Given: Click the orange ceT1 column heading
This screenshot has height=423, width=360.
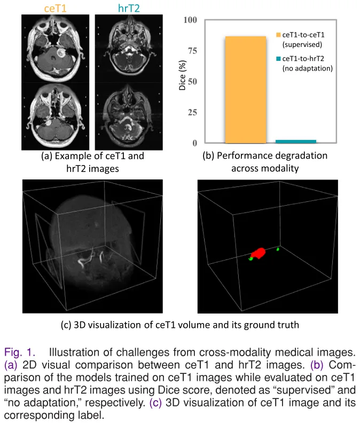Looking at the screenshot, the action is [x=56, y=9].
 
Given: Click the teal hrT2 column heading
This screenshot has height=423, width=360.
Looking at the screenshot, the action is [x=129, y=9].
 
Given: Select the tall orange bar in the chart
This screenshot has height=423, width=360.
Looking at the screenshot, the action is [x=246, y=90].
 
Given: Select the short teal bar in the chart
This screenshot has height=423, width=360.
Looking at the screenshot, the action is [x=296, y=142].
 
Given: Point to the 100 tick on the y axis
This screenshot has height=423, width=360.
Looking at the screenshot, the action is [x=190, y=20].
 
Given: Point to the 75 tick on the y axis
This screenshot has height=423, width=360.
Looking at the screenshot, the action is [x=192, y=51].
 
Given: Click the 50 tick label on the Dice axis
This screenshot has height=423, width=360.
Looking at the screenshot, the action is [x=192, y=82].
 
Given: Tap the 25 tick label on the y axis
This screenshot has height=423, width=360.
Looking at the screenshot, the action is [x=192, y=112].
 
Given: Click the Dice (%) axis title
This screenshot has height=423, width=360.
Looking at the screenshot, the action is [x=183, y=75].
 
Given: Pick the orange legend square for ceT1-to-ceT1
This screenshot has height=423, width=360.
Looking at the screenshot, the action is [x=278, y=35].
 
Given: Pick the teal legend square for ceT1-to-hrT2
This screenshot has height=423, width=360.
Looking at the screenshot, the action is [x=278, y=59].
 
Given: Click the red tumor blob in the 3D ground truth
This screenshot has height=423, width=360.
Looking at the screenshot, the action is [x=259, y=253].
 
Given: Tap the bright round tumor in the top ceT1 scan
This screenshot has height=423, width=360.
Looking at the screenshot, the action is [x=60, y=52].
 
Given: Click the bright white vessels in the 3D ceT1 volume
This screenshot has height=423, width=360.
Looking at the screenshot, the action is [x=90, y=258].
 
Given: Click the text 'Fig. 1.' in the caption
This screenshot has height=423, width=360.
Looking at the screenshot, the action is [x=20, y=352].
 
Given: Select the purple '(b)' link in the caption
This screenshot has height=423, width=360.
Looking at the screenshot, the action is [x=317, y=365].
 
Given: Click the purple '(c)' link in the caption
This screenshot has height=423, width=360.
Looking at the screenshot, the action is [x=156, y=403].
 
